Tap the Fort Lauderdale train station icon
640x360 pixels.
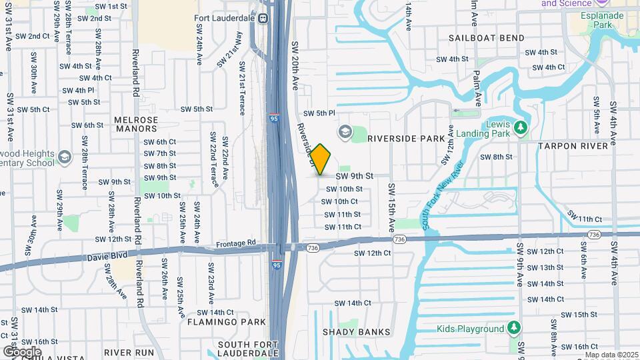click(x=263, y=19)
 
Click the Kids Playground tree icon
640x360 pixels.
click(x=513, y=328)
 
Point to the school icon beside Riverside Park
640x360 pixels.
click(x=345, y=131)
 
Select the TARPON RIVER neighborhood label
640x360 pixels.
click(x=573, y=145)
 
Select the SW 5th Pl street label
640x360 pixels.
click(x=319, y=113)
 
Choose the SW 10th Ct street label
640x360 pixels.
click(x=341, y=201)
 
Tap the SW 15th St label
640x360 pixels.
click(x=579, y=315)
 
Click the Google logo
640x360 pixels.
click(x=23, y=351)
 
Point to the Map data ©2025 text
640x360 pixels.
click(x=612, y=355)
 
